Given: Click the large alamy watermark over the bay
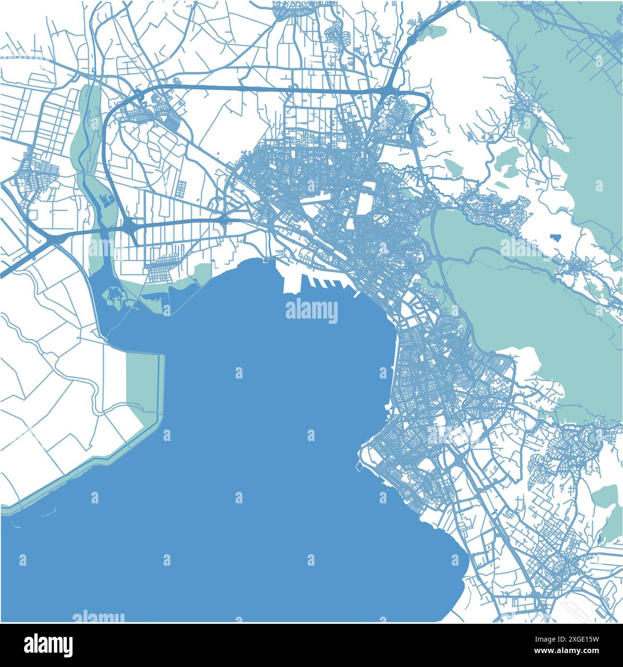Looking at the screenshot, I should pos(312,311).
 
